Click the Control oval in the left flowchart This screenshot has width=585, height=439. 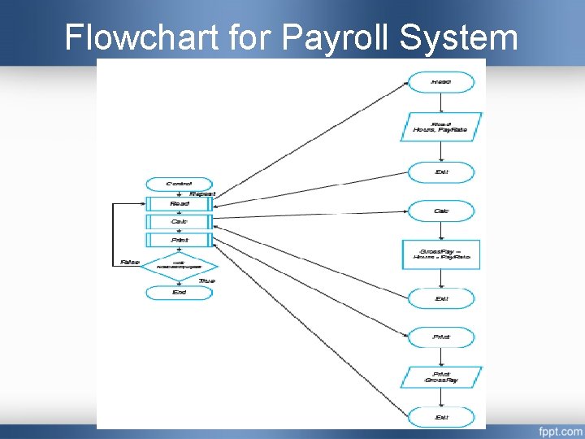click(x=179, y=185)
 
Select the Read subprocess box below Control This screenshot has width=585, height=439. click(x=179, y=203)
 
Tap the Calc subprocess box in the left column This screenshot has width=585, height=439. click(x=179, y=221)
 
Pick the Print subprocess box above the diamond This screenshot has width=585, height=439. click(x=179, y=240)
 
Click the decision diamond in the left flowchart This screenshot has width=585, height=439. click(x=179, y=266)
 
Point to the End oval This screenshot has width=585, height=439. click(x=179, y=292)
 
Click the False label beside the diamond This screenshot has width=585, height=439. click(x=129, y=262)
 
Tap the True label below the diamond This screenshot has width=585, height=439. click(x=206, y=280)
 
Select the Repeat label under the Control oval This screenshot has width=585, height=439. click(x=201, y=193)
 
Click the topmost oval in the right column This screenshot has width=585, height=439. click(x=441, y=82)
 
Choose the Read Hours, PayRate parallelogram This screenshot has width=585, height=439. click(x=441, y=127)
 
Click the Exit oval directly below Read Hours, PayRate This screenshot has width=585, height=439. click(x=441, y=172)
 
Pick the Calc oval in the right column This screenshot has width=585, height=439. click(x=441, y=211)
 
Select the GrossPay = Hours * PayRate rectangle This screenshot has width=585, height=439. click(x=441, y=254)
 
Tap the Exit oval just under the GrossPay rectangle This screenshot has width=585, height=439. click(x=441, y=298)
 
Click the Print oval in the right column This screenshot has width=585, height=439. click(x=441, y=336)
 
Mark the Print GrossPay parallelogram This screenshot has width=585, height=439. click(x=441, y=376)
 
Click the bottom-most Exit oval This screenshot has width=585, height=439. click(x=441, y=417)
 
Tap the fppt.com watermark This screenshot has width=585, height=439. click(x=560, y=429)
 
